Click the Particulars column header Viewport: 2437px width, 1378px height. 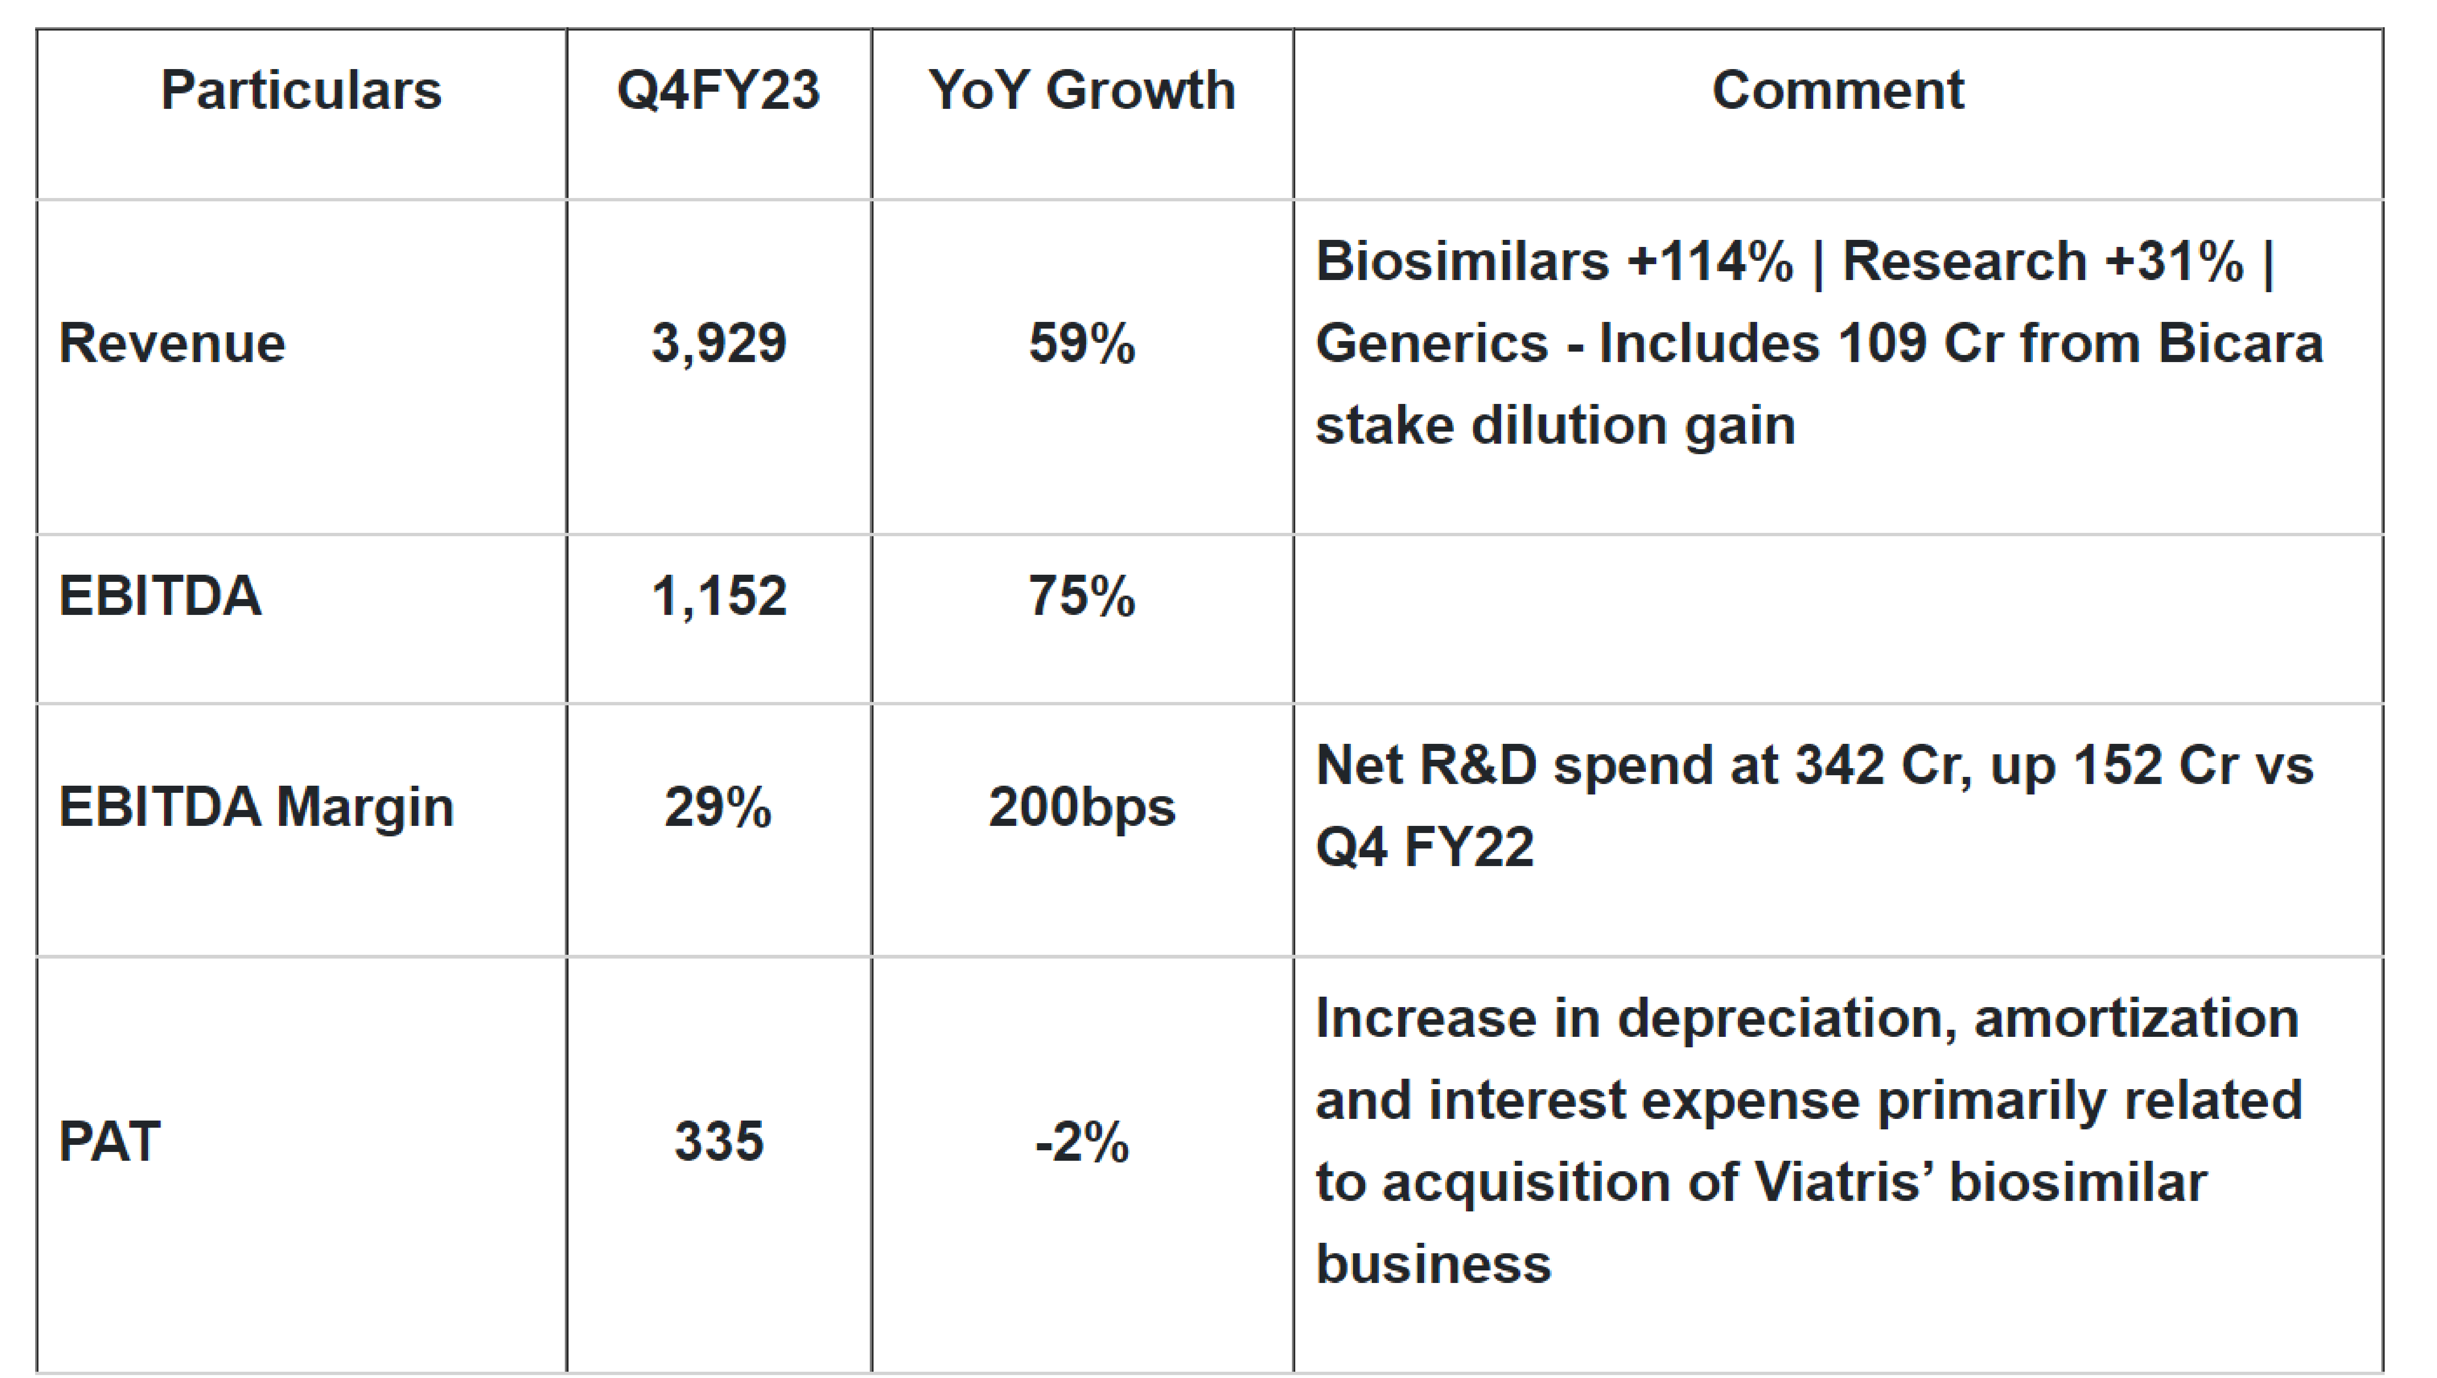point(301,91)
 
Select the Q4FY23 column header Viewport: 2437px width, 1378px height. point(718,91)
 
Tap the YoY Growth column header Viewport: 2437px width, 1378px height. point(1081,91)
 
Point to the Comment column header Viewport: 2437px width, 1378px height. point(1837,91)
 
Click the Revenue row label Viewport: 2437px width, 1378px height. point(172,342)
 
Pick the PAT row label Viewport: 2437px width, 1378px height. point(109,1141)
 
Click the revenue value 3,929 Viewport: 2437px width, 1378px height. point(718,342)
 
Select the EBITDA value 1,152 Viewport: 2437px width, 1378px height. point(718,596)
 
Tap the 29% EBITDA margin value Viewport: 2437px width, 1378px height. point(718,807)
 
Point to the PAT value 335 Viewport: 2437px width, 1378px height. point(718,1141)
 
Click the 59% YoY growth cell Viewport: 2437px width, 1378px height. point(1081,342)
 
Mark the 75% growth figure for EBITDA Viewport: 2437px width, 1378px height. point(1081,596)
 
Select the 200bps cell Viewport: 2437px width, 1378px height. point(1081,807)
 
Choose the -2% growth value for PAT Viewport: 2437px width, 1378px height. point(1081,1141)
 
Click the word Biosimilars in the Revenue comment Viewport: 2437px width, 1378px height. point(1462,261)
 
